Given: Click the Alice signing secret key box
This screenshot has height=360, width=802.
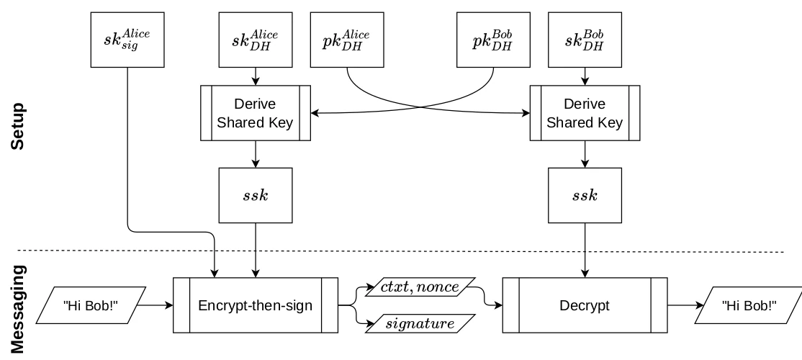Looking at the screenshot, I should point(128,40).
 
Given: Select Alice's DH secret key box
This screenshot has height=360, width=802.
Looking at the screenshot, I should point(256,40).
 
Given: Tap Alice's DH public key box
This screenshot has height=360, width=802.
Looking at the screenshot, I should point(347,40).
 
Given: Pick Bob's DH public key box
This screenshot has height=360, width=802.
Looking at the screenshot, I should point(492,40).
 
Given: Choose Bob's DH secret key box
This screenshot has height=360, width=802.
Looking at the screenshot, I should point(584,40).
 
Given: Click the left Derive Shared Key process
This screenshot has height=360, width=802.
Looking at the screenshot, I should point(256,112).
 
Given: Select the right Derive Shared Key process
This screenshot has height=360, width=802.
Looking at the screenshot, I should point(584,112).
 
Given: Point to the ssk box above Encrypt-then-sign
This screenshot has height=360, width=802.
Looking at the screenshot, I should point(256,195).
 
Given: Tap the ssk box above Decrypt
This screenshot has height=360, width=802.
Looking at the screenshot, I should point(584,195).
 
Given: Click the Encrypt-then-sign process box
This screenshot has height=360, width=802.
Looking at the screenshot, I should point(256,305).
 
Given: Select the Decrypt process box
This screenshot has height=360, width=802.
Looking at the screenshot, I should point(584,305).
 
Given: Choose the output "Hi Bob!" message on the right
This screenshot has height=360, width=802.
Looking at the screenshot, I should point(749,305).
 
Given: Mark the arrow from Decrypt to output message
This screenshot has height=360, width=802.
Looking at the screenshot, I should point(685,305).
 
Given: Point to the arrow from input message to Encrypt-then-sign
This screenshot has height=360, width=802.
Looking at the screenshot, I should point(154,305).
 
